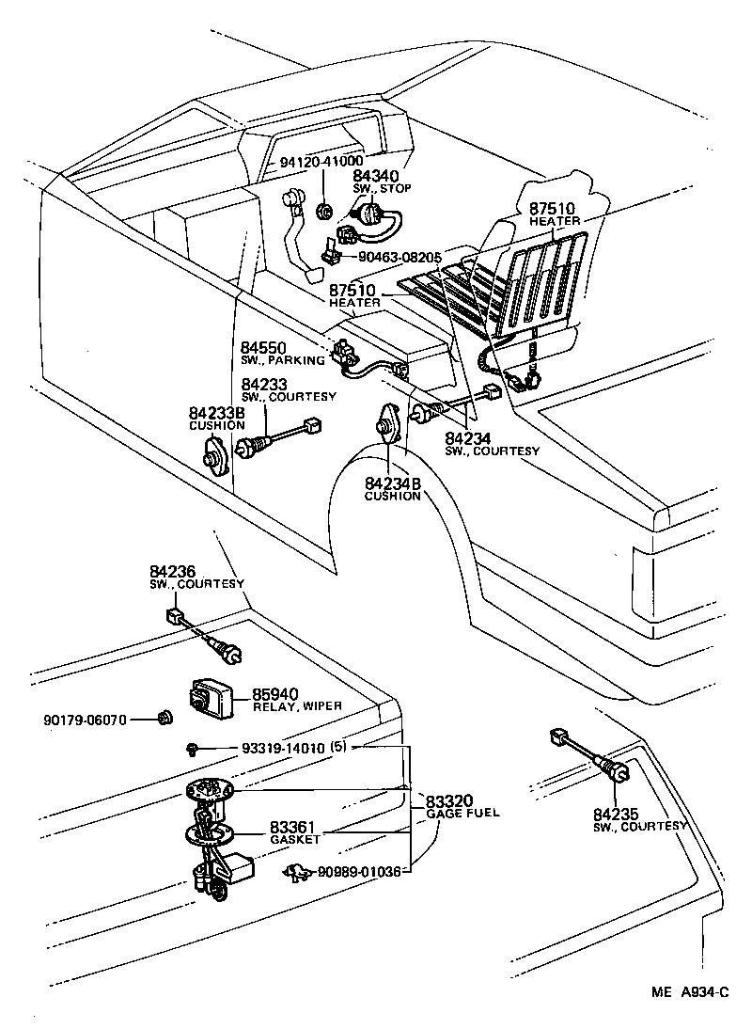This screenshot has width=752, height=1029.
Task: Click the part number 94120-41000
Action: [x=321, y=161]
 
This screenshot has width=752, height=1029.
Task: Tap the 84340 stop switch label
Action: [x=375, y=176]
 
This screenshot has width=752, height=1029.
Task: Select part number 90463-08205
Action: [x=400, y=256]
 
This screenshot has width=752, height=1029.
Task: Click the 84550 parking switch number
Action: [x=263, y=348]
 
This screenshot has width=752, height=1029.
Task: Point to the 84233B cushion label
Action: [x=217, y=413]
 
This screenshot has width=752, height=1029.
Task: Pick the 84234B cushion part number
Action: [x=393, y=484]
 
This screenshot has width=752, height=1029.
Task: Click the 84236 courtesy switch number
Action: [x=172, y=572]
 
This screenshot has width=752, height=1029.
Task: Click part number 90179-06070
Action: [x=85, y=720]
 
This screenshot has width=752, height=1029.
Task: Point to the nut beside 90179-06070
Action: [x=163, y=719]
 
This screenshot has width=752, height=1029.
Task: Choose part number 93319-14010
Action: [x=283, y=749]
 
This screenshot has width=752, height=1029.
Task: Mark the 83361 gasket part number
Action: [x=292, y=828]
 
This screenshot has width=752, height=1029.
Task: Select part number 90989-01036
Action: [x=360, y=872]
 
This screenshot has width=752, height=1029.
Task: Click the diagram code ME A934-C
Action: [x=692, y=991]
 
